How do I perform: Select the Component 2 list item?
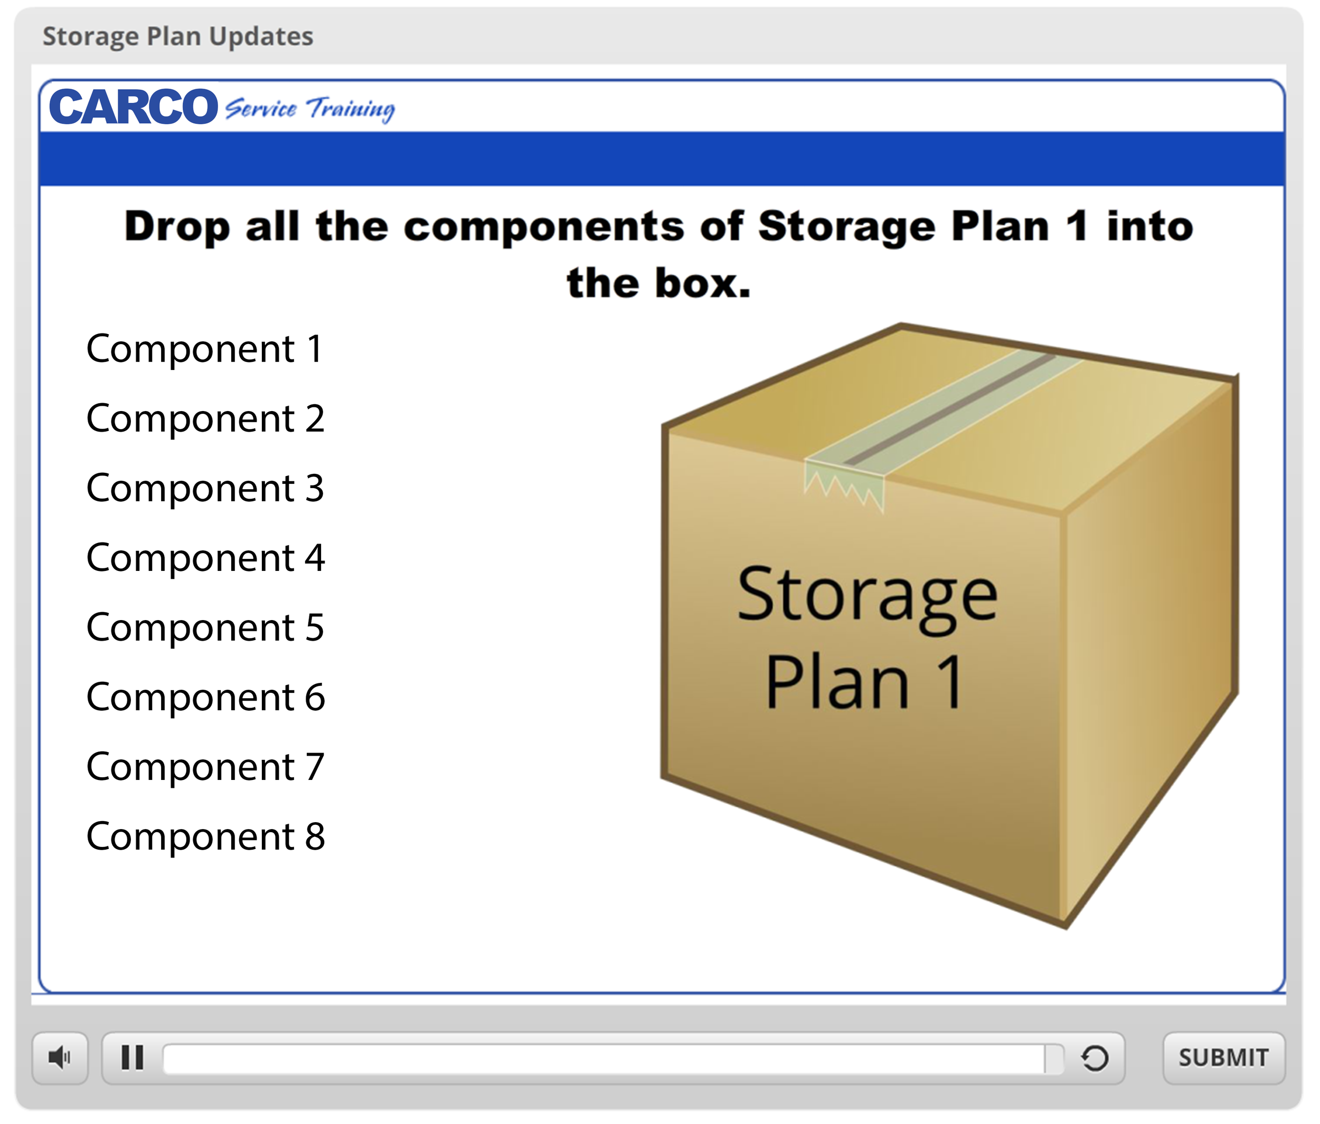pos(205,419)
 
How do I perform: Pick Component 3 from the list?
pos(205,489)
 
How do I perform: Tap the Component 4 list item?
pos(205,558)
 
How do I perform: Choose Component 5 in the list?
pos(205,628)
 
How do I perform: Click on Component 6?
pos(205,697)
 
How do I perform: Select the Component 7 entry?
pos(205,767)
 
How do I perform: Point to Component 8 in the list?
pos(205,836)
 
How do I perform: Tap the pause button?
pos(133,1058)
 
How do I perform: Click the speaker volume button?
pos(60,1058)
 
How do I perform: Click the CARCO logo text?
pos(134,107)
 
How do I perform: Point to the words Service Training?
pos(309,109)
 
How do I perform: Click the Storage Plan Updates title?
pos(178,36)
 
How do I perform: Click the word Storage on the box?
pos(867,597)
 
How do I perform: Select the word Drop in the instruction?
pos(176,227)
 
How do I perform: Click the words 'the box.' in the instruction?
pos(659,283)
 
